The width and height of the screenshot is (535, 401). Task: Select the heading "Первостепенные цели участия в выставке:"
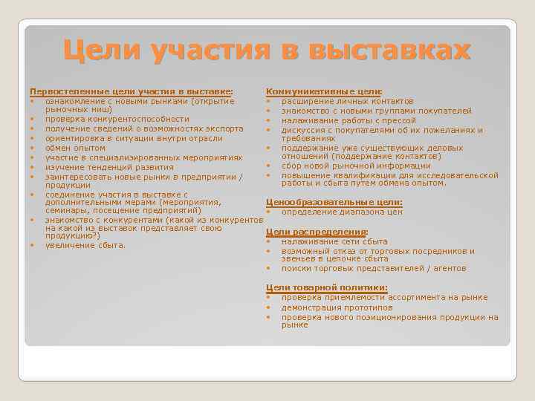(x=131, y=91)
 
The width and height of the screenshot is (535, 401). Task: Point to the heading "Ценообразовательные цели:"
(x=334, y=203)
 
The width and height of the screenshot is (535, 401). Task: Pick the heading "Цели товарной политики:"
(x=326, y=287)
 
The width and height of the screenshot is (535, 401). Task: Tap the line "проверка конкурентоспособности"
(x=117, y=119)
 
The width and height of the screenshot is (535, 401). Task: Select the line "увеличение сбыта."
(x=85, y=245)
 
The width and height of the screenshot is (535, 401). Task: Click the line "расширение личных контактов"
(x=348, y=101)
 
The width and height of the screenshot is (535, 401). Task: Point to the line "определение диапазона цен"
(x=342, y=212)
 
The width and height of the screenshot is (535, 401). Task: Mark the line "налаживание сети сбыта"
(x=334, y=241)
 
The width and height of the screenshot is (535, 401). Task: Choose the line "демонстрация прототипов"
(x=337, y=307)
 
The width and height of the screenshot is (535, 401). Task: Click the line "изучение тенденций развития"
(x=109, y=167)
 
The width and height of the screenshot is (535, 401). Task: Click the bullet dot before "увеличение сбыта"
(x=33, y=245)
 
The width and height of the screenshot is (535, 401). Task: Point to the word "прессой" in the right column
(x=400, y=120)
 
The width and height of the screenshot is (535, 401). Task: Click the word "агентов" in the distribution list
(x=448, y=268)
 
